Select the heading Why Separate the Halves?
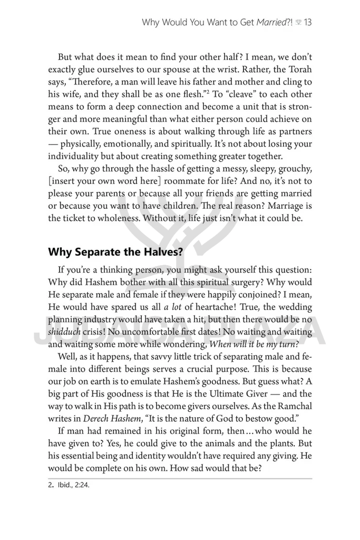115,252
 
